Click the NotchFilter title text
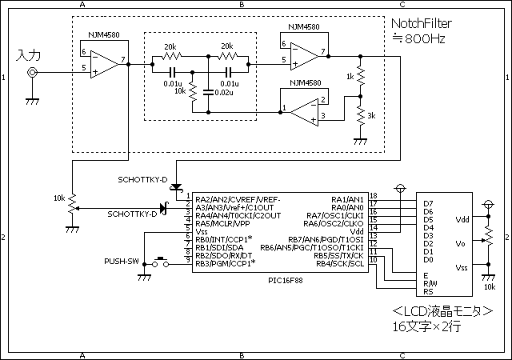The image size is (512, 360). coord(422,23)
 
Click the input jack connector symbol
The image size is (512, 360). coord(32,73)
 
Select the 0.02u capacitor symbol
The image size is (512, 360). coord(208,92)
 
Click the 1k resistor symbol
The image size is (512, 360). coord(361,76)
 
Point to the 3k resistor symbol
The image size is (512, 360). coord(361,116)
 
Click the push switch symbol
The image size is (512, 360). coord(161,262)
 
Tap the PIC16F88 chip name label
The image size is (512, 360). coord(286,281)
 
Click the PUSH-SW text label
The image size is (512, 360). coord(122,262)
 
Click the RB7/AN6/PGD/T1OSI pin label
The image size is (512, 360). coord(326,240)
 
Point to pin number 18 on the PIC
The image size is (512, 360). coord(374,196)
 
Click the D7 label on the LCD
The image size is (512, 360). coord(428,203)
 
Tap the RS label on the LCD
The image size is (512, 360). coord(428,292)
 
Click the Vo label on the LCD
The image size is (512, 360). coord(460,243)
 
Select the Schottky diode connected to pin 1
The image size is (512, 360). coord(176,187)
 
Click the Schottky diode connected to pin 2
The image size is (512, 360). coord(164,208)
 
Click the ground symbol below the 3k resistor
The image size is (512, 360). coord(361,142)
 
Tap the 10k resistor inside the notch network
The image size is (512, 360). coord(193,92)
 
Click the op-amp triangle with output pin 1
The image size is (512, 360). coord(304,112)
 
